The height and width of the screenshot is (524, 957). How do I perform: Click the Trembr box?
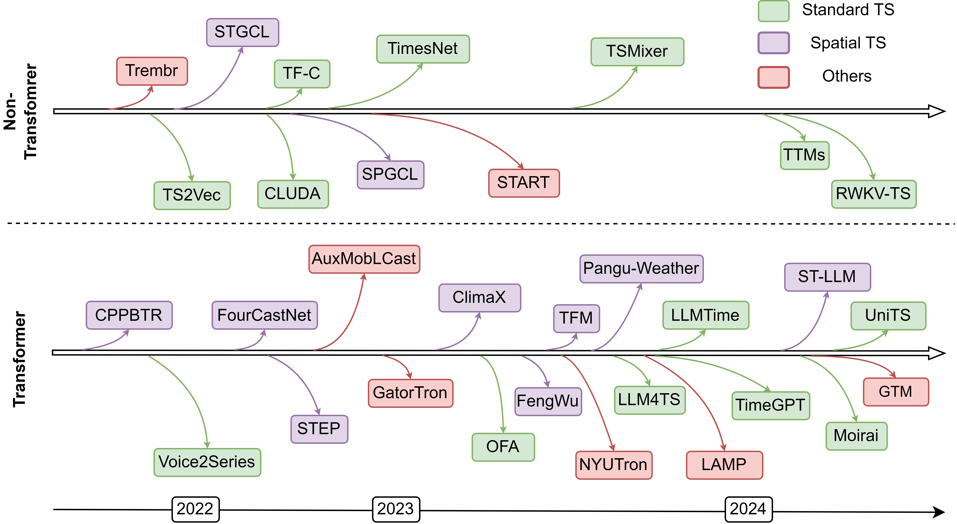(152, 71)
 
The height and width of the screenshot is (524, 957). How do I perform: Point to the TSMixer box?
(637, 52)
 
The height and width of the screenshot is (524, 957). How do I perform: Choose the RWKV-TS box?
(874, 194)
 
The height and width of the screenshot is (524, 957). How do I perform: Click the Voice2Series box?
(207, 462)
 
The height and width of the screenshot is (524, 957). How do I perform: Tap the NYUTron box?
(614, 465)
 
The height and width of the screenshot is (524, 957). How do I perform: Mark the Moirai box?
(856, 436)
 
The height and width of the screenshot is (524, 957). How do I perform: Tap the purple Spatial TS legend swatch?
(773, 43)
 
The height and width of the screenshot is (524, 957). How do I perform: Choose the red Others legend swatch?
(773, 77)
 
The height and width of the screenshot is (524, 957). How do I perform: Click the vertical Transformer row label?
(19, 359)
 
